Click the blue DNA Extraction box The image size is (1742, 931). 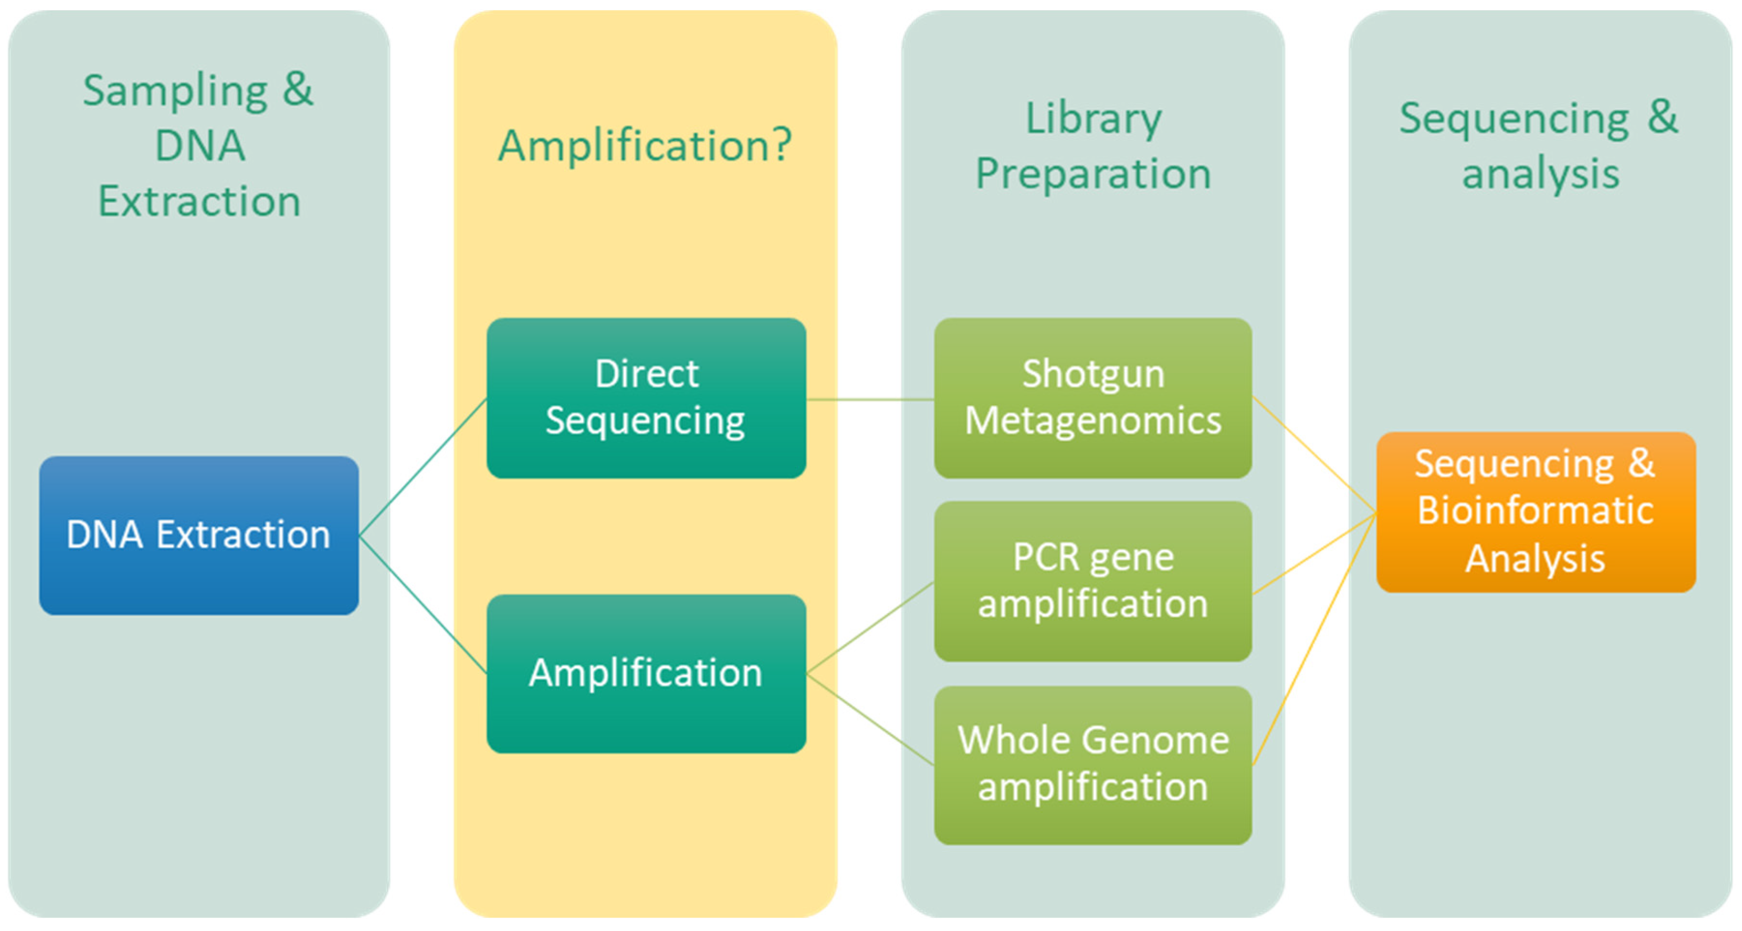point(199,535)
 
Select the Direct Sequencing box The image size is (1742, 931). point(646,398)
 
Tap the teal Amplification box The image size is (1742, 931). point(646,673)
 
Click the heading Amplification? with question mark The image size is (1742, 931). point(644,145)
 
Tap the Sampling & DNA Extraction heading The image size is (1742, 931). point(199,145)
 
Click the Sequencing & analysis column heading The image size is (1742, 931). point(1539,145)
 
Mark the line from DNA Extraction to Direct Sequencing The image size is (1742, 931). point(422,467)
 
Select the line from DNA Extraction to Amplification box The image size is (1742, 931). point(422,605)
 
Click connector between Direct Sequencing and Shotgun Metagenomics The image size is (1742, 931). point(870,399)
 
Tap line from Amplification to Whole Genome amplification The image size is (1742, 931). point(870,719)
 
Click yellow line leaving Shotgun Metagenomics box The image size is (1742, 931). point(1314,454)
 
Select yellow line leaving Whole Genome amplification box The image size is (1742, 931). point(1314,640)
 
